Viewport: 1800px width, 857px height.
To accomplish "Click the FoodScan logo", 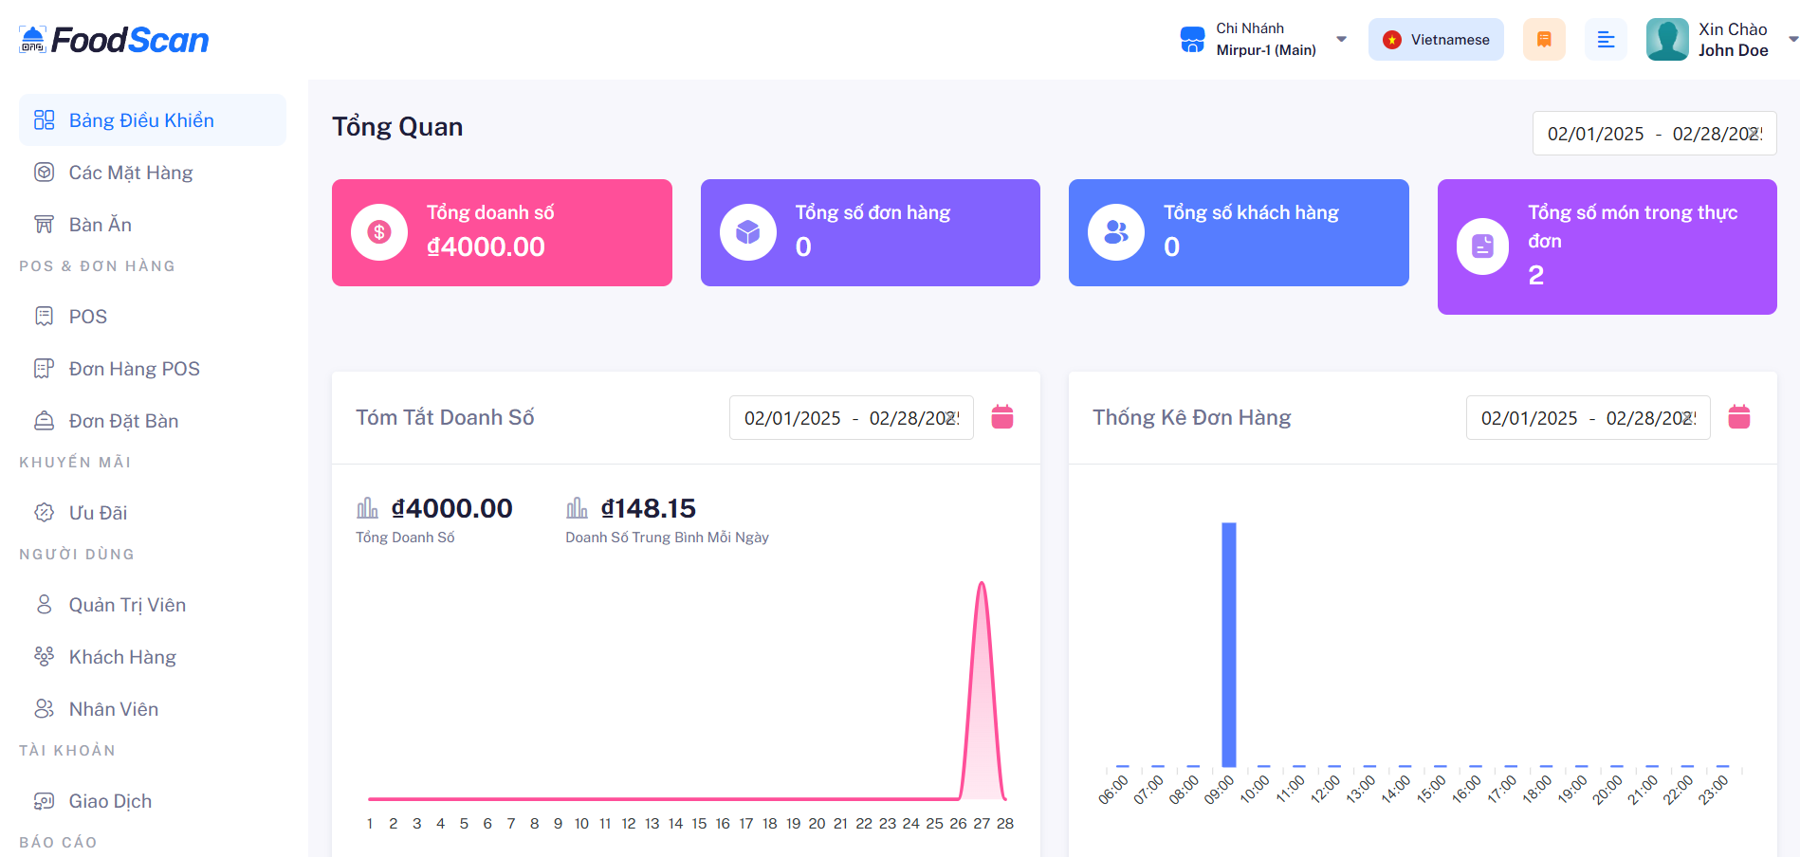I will pos(114,40).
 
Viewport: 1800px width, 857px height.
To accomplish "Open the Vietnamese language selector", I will pos(1436,40).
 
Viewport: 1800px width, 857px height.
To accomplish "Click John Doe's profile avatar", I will pos(1667,40).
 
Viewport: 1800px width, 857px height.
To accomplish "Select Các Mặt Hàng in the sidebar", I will pos(130,173).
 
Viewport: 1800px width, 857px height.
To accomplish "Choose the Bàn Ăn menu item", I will pos(100,225).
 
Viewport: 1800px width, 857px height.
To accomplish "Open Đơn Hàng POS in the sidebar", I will pos(134,369).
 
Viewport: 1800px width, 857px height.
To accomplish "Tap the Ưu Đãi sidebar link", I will pos(98,513).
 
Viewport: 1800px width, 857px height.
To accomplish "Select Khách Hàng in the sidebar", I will pos(122,657).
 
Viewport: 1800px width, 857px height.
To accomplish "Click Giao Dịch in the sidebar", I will pos(110,801).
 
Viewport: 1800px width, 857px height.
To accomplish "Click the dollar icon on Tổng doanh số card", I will pos(379,232).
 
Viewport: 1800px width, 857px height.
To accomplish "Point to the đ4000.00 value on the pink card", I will pos(486,247).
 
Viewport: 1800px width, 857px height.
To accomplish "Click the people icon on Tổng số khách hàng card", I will pos(1116,232).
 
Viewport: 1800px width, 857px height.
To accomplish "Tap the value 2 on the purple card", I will pos(1536,276).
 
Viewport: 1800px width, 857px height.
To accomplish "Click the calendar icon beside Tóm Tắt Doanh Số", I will pos(1002,417).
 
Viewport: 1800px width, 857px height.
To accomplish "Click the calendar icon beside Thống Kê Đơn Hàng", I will pos(1739,417).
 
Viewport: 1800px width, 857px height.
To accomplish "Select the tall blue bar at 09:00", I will pos(1229,645).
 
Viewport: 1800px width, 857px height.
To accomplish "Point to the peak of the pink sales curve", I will pos(983,584).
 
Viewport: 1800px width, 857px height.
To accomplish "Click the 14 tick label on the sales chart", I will pos(675,824).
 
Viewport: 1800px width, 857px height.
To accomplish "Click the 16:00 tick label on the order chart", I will pos(1466,790).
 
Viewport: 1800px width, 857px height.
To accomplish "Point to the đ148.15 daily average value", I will pos(649,509).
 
